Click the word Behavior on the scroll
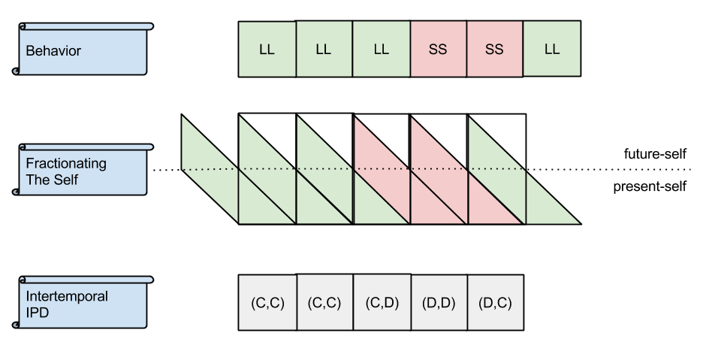tap(53, 52)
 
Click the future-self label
tap(655, 154)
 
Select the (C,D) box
tap(382, 304)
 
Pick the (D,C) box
tap(496, 304)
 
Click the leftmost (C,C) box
tap(267, 304)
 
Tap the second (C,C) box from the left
tap(324, 304)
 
